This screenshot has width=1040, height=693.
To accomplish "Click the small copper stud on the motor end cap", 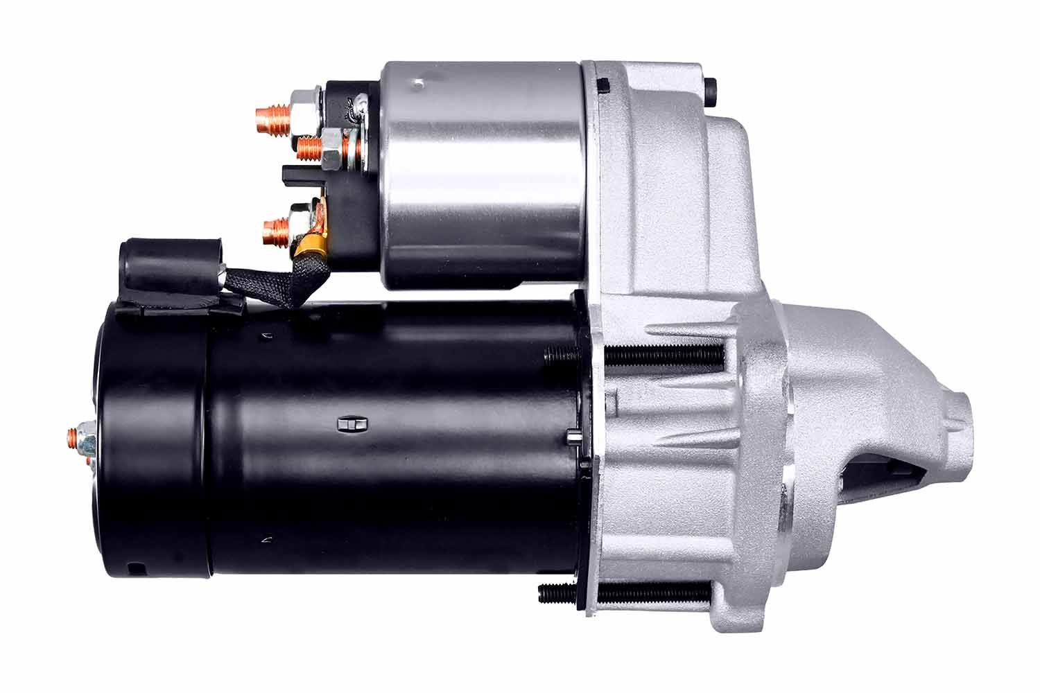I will click(73, 436).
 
